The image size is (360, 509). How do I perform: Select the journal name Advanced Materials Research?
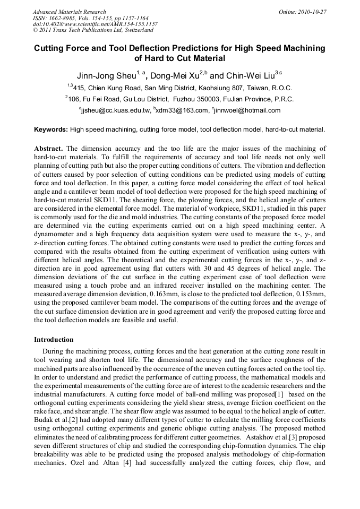coord(69,12)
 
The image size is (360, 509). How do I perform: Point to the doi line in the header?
coord(95,24)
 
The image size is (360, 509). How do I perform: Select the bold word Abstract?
coord(49,149)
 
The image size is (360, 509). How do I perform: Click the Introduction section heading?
coord(54,340)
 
